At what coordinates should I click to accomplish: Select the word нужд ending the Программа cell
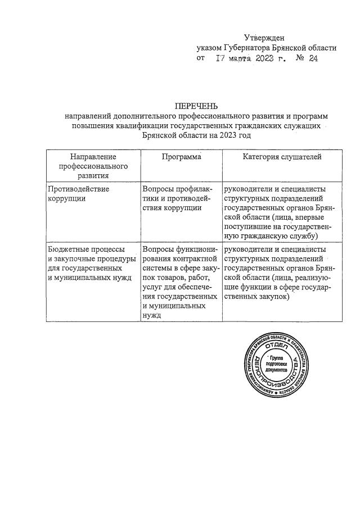[x=152, y=316]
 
